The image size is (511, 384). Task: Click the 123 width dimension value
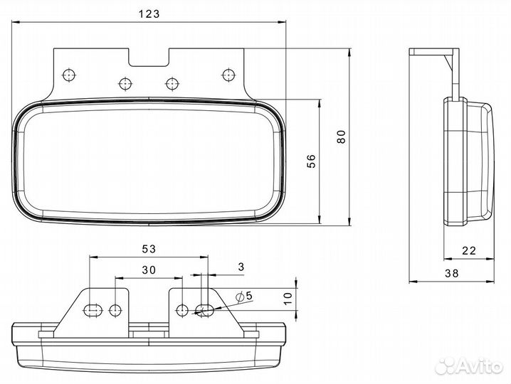[x=149, y=14]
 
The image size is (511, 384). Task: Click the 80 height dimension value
[x=341, y=137]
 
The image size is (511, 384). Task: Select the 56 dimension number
[x=311, y=161]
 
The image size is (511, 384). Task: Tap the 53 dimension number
[x=149, y=249]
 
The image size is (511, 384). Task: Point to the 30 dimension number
[x=149, y=270]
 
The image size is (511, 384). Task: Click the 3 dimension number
[x=241, y=267]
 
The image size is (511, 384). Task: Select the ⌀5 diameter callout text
[x=244, y=297]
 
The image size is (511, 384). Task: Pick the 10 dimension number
[x=288, y=299]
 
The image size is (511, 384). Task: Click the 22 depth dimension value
[x=469, y=250]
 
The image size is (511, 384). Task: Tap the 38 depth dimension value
[x=452, y=273]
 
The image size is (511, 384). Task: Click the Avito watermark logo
[x=469, y=366]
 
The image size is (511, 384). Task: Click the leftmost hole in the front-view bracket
[x=68, y=75]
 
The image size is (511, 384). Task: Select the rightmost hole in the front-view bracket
[x=228, y=75]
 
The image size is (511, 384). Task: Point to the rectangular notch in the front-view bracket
[x=149, y=58]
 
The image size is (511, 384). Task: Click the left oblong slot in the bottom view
[x=93, y=310]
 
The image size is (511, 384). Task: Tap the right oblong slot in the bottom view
[x=205, y=310]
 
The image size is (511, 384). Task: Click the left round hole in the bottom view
[x=115, y=310]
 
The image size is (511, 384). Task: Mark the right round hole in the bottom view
[x=182, y=310]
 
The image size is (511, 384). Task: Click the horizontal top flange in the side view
[x=434, y=51]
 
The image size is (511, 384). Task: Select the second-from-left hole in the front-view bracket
[x=125, y=84]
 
